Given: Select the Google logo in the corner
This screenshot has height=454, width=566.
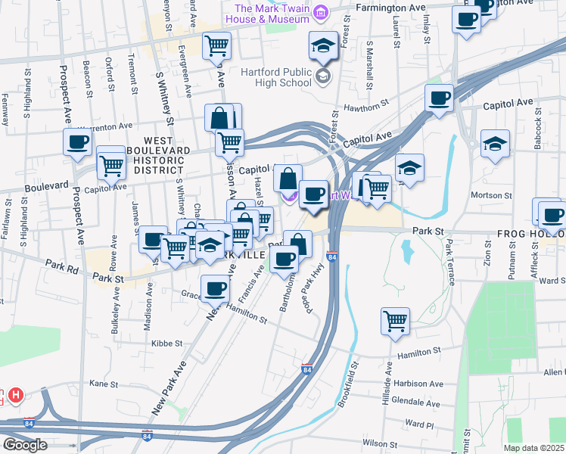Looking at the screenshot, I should pyautogui.click(x=25, y=445).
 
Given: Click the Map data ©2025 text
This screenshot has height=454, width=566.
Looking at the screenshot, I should pyautogui.click(x=533, y=448).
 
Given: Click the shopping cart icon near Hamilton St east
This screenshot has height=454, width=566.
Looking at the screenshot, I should pyautogui.click(x=395, y=321).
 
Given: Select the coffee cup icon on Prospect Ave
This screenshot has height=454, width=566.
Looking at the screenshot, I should pyautogui.click(x=76, y=141).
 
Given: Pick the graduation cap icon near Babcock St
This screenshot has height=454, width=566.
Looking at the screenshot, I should pyautogui.click(x=495, y=143).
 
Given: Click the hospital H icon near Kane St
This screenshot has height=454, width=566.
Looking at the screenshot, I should pyautogui.click(x=16, y=396).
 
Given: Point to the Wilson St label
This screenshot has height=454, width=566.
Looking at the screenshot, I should pyautogui.click(x=380, y=443).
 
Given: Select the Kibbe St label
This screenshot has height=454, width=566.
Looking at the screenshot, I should pyautogui.click(x=167, y=343).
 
